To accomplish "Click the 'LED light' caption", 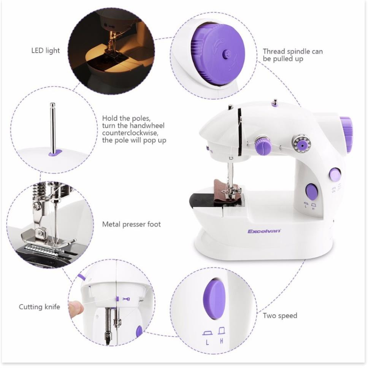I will tap(45, 50).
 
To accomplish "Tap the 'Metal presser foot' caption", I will tap(131, 224).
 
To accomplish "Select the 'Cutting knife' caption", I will tap(40, 306).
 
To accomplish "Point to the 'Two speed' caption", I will tap(280, 316).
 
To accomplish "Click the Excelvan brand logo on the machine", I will tap(264, 231).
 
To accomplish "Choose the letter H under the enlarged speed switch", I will tap(222, 341).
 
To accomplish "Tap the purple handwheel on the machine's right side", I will tap(346, 134).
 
